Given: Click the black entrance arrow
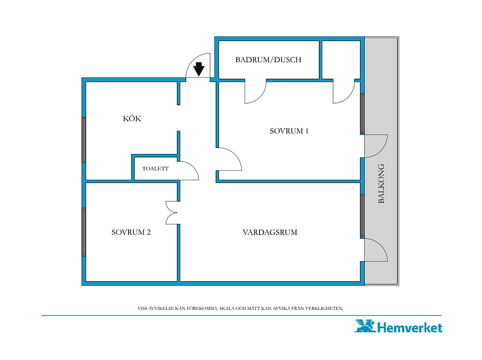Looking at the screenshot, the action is (199, 69).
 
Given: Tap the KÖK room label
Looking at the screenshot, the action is (132, 118).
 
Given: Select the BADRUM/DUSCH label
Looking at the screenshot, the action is (268, 60).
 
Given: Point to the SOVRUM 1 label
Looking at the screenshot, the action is (289, 131).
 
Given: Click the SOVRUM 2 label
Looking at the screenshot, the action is (131, 232).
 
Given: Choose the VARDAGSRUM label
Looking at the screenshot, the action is (270, 232).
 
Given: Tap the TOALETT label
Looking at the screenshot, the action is (155, 169).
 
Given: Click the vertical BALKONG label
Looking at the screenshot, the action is (381, 184).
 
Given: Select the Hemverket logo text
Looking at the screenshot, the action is (409, 327).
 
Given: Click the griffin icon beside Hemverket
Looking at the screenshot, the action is (365, 326).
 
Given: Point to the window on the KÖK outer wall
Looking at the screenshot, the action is (84, 140).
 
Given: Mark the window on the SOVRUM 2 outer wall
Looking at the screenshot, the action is (84, 232).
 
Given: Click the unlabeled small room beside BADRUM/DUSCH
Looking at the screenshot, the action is (341, 60).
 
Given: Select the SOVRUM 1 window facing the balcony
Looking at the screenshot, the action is (362, 113).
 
